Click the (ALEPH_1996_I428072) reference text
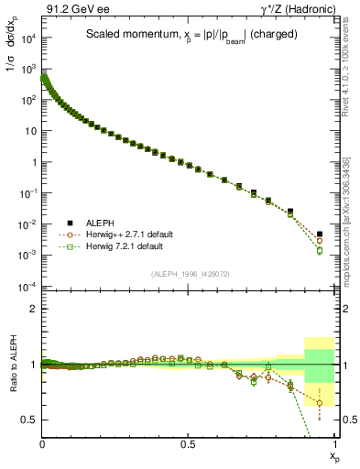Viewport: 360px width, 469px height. tap(189, 274)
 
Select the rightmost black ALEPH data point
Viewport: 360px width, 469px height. tap(320, 234)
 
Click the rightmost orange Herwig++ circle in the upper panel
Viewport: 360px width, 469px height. tap(320, 241)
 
